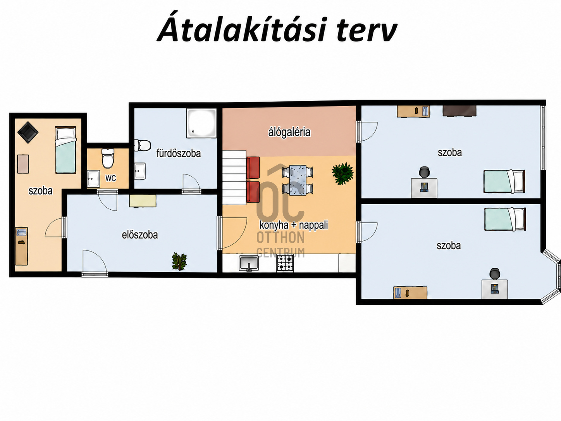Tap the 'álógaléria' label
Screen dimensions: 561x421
(x=289, y=132)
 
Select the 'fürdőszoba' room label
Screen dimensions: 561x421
(x=178, y=153)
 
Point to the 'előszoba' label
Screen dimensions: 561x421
(x=140, y=235)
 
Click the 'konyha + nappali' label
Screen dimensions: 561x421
(x=294, y=225)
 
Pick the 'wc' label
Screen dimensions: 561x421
(x=111, y=178)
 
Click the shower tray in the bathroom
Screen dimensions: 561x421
(x=201, y=123)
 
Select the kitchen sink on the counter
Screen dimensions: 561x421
(x=249, y=263)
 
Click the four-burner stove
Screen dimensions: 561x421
(x=285, y=263)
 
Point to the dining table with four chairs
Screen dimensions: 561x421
(x=298, y=180)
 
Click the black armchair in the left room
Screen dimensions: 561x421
(x=28, y=132)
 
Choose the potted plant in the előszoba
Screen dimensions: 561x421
(x=179, y=261)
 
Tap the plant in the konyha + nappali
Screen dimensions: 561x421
(x=342, y=173)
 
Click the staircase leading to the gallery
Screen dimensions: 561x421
(x=234, y=178)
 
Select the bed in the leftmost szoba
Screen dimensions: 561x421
(x=66, y=150)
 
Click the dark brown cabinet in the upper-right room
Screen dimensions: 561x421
(x=459, y=111)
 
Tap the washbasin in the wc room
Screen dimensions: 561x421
(x=93, y=179)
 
